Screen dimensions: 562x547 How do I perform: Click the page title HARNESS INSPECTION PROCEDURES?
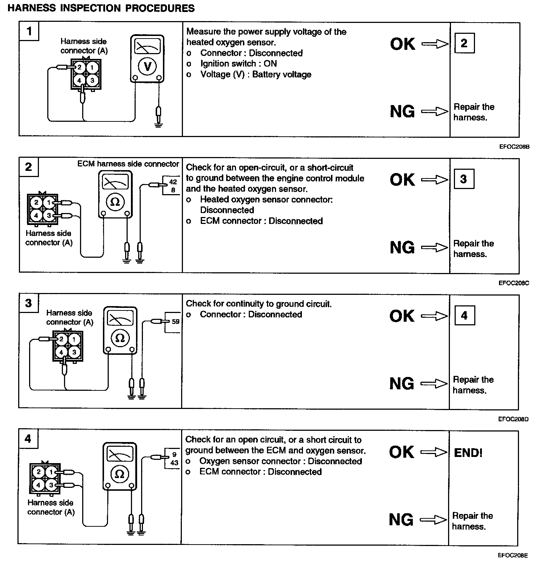[x=101, y=8]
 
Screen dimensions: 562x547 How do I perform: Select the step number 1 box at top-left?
[x=29, y=31]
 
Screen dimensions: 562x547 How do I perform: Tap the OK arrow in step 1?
[x=435, y=44]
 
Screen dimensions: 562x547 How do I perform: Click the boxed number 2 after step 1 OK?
[x=464, y=43]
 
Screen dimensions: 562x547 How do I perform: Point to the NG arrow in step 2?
[x=435, y=248]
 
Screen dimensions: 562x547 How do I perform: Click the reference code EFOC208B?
[x=514, y=147]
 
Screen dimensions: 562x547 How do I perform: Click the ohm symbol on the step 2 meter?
[x=115, y=202]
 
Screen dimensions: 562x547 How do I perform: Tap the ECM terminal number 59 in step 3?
[x=176, y=321]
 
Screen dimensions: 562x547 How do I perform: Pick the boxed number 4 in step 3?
[x=464, y=315]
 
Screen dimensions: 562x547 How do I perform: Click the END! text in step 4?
[x=468, y=453]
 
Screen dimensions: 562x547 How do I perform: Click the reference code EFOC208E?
[x=513, y=555]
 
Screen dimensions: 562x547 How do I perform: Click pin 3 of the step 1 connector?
[x=92, y=80]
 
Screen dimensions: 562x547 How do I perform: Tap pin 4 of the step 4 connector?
[x=39, y=485]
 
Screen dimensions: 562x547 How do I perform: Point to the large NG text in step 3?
[x=402, y=384]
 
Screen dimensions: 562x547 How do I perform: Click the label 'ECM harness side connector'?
[x=128, y=164]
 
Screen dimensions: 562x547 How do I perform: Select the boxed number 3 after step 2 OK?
[x=464, y=179]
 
